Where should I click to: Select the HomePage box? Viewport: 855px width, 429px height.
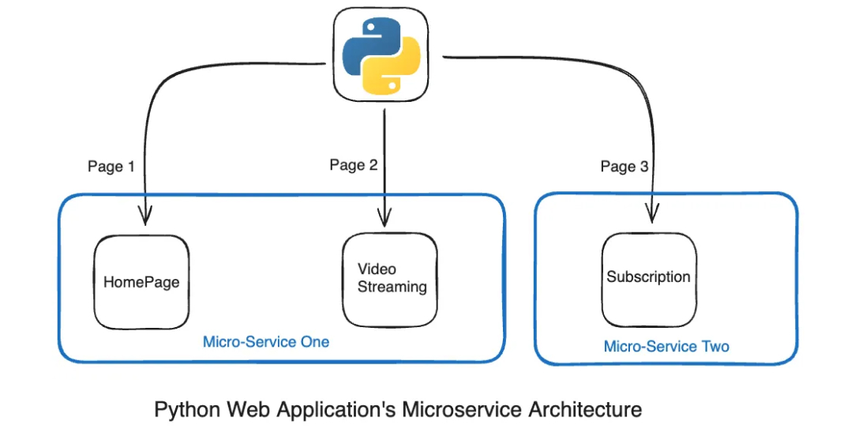tap(141, 282)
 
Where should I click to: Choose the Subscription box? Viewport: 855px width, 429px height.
tap(649, 278)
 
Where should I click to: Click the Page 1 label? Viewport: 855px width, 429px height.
tap(111, 167)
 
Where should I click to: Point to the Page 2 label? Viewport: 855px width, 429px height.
tap(354, 165)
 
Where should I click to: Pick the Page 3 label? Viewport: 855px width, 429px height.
tap(624, 167)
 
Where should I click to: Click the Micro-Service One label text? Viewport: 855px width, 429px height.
tap(266, 342)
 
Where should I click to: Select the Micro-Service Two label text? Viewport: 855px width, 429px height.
tap(666, 347)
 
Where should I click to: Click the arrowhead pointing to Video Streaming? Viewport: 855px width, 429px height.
tap(384, 216)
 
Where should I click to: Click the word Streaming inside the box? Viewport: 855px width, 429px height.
tap(392, 287)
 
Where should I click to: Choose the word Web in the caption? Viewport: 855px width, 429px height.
tap(249, 410)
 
